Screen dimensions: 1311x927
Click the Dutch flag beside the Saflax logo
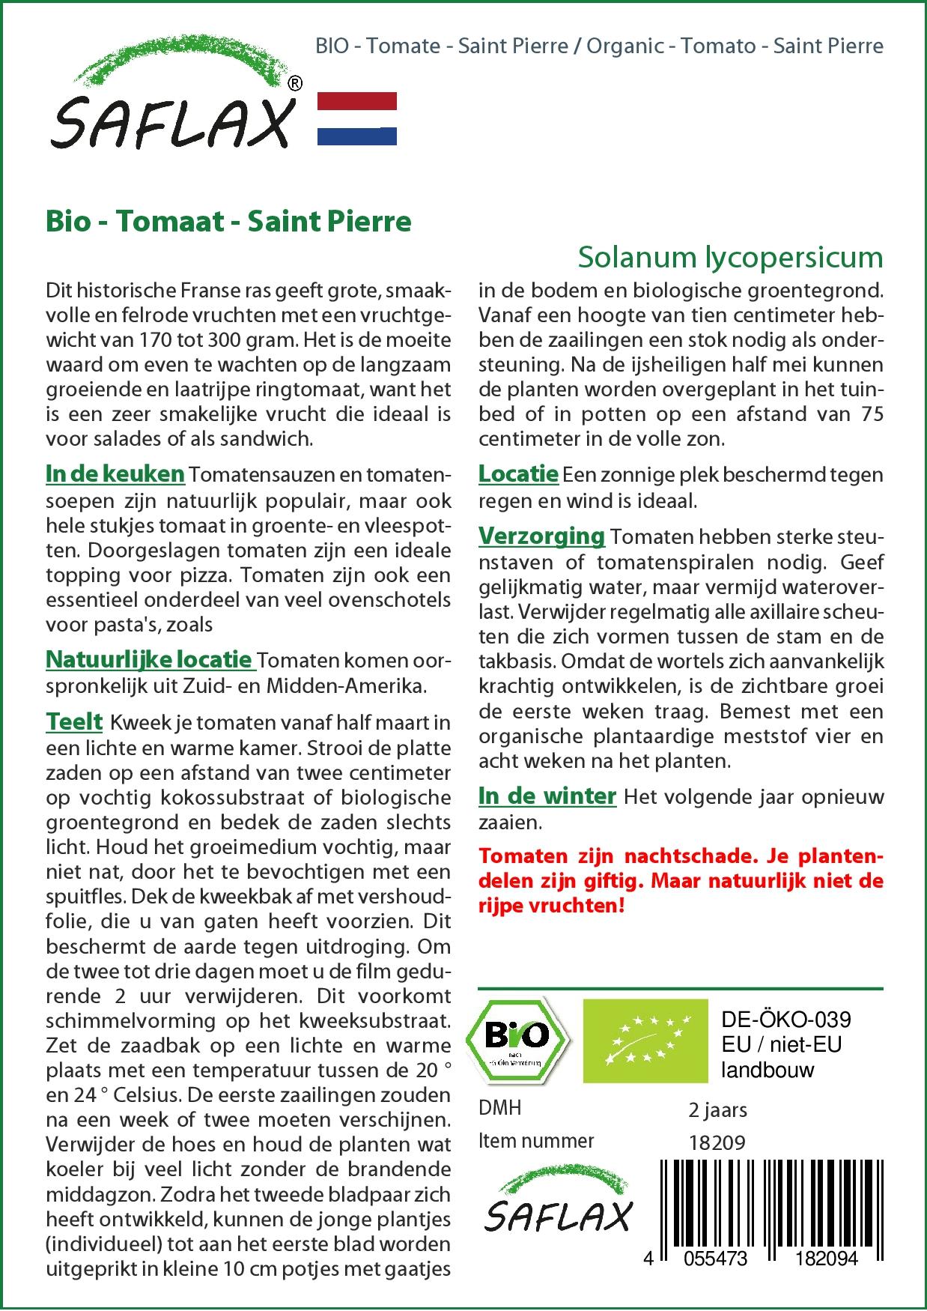(357, 118)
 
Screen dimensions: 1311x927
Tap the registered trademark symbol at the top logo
(295, 85)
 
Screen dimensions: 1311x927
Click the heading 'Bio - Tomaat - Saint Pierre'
(228, 222)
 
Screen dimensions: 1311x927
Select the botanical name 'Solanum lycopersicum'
(730, 257)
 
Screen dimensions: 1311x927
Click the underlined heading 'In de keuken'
(115, 473)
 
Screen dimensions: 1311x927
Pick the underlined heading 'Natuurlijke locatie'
(149, 659)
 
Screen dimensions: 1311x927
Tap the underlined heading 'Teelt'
(74, 721)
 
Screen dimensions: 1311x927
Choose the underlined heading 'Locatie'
(518, 473)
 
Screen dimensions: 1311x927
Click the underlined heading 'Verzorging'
(541, 536)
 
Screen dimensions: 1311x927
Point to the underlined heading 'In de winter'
(547, 796)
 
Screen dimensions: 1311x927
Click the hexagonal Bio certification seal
(517, 1041)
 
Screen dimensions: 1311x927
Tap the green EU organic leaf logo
(645, 1041)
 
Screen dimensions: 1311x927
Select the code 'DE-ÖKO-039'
(785, 1020)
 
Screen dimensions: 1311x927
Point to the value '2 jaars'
(717, 1109)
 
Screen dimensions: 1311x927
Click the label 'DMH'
(499, 1108)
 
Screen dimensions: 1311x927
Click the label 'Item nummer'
(536, 1141)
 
